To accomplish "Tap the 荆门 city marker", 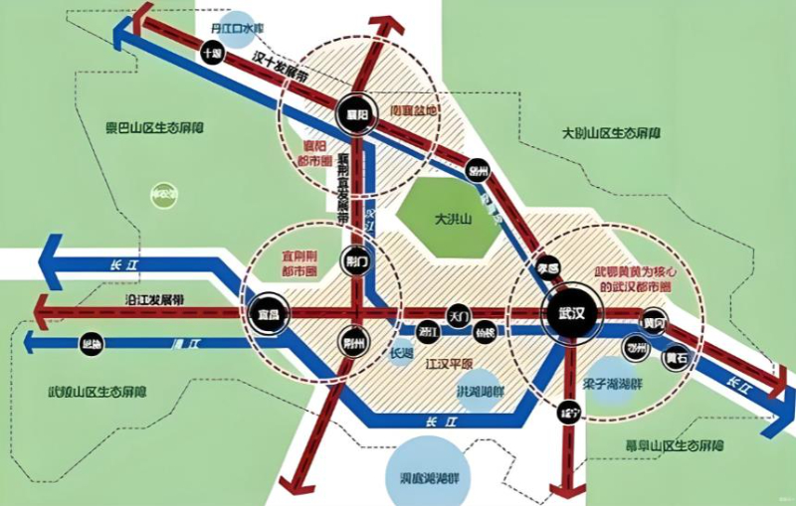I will click(355, 262).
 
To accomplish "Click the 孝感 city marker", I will click(546, 269).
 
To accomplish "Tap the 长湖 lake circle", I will click(401, 353).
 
